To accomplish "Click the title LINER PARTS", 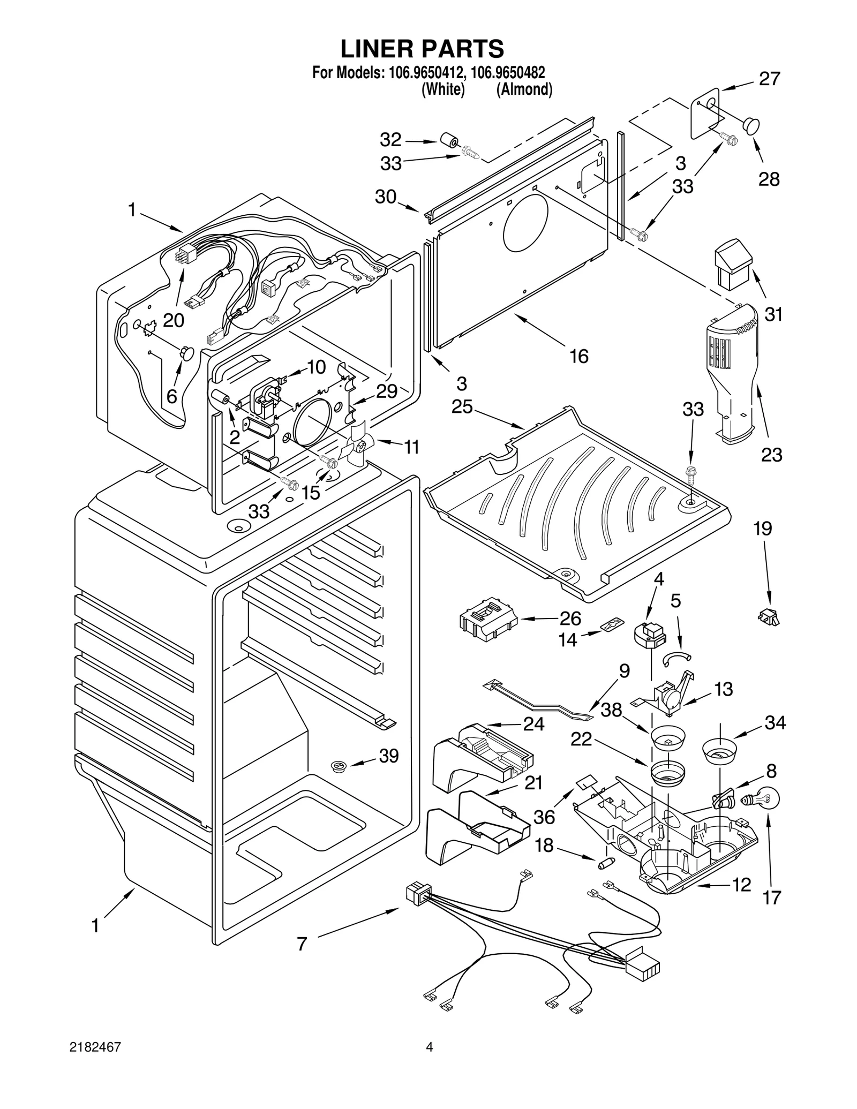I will click(x=422, y=49).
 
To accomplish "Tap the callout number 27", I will click(x=769, y=79).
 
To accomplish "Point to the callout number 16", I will click(x=578, y=356).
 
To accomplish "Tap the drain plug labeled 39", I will click(x=338, y=767).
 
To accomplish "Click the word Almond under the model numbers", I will click(x=524, y=89).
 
